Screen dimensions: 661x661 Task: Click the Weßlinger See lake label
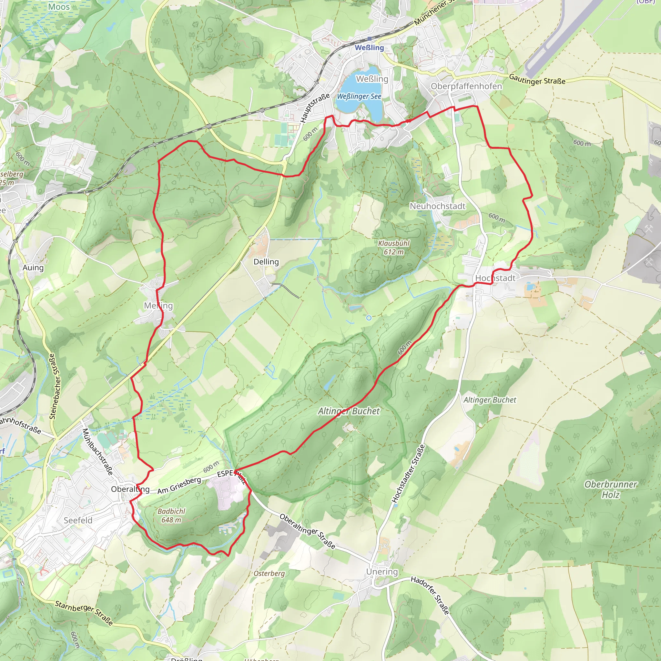tap(359, 97)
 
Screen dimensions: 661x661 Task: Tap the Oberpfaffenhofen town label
tap(466, 86)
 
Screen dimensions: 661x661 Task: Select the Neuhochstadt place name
tap(438, 206)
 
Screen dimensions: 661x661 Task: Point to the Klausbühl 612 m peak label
tap(393, 247)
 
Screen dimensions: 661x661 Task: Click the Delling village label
tap(266, 262)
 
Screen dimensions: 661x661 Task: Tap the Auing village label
tap(33, 268)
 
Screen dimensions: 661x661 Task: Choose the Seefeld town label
tap(78, 520)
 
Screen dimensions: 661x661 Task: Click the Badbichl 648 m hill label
tap(171, 515)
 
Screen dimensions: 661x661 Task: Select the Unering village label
tap(382, 572)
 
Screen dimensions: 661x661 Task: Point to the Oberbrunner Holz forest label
tap(611, 489)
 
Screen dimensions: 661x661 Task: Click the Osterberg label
tap(269, 573)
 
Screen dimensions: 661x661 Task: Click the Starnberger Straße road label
tap(84, 612)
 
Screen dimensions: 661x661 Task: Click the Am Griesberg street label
tap(179, 485)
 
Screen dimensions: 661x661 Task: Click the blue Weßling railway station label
tap(369, 47)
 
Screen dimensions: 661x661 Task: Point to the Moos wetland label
tap(59, 6)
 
